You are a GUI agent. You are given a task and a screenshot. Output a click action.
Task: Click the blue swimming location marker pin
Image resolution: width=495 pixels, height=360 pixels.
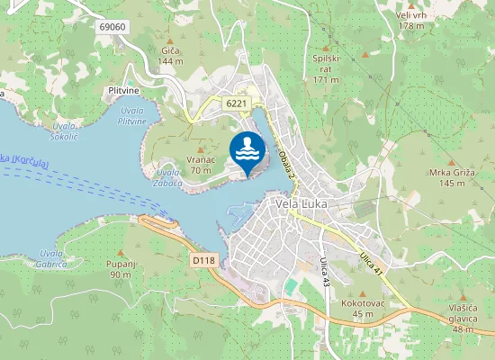point(248,152)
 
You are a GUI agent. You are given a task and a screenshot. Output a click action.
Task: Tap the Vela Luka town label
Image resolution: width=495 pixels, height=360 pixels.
point(301,203)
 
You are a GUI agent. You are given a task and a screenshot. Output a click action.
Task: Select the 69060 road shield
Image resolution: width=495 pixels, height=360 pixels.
point(112,28)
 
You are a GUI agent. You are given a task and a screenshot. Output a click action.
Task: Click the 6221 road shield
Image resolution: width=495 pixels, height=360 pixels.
point(237,103)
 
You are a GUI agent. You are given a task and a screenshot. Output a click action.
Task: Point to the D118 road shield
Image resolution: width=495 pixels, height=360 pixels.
point(204,260)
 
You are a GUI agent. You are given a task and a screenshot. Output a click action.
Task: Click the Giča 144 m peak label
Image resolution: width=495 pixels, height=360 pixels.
point(170,56)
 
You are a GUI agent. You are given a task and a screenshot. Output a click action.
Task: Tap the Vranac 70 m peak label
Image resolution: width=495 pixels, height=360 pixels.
point(200,165)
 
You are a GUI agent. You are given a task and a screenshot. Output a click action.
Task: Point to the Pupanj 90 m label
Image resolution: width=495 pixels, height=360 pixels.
point(120,269)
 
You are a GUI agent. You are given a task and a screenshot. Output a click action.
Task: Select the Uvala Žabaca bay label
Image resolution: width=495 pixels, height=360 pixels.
point(168,177)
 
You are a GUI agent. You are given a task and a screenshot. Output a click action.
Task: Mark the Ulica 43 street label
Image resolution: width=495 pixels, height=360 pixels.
point(324,271)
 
